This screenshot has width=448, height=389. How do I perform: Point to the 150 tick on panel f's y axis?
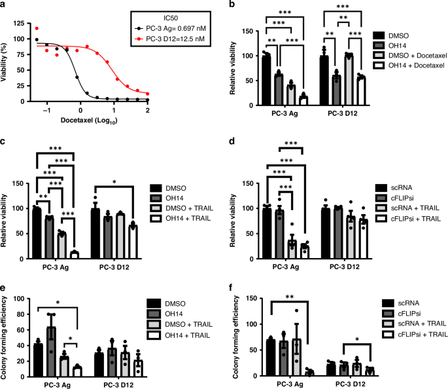click(249, 299)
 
